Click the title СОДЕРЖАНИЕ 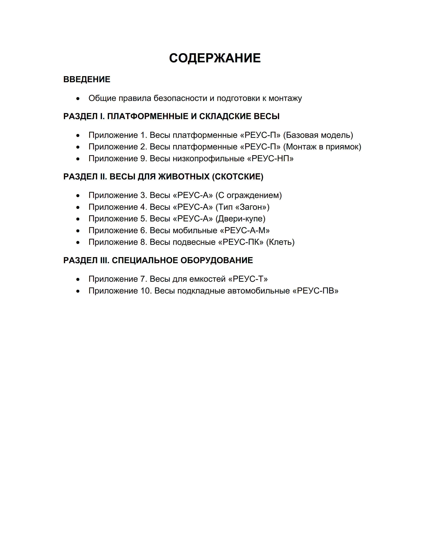point(215,58)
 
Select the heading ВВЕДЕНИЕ point(87,79)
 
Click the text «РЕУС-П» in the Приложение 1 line point(260,135)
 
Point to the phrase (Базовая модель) point(318,135)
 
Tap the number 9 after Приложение point(143,159)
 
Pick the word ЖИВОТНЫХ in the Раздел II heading point(184,177)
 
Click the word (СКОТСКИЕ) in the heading point(238,177)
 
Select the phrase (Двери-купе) point(240,219)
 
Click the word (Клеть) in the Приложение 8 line point(280,242)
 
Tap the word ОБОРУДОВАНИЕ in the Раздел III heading point(217,260)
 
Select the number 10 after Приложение point(145,291)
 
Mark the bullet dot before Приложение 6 point(78,231)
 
